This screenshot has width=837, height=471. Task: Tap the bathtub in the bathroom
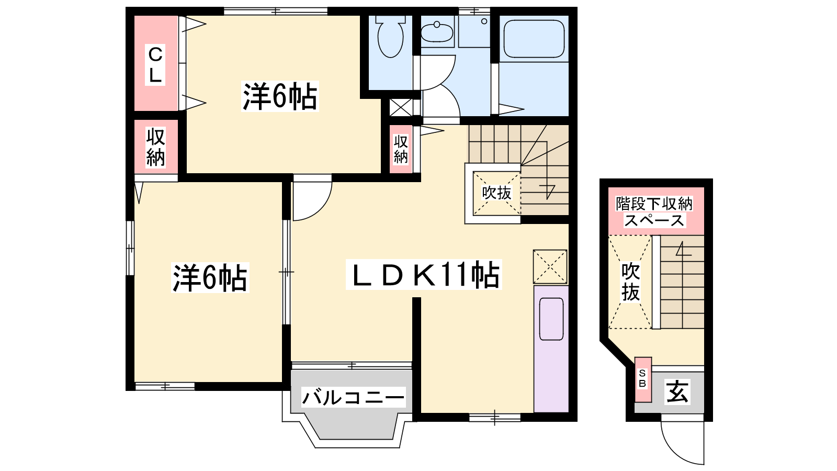534,39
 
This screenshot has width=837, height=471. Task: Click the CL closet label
155,65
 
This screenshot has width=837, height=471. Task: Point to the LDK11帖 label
424,275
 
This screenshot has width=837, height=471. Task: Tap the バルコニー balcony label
353,397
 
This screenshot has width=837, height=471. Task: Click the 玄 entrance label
677,391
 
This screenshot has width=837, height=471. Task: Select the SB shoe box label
642,378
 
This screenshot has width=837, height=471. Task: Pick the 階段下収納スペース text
654,212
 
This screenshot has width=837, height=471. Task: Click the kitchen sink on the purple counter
551,319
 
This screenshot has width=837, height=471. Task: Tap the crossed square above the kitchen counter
550,267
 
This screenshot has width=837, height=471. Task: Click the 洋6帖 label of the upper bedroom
280,96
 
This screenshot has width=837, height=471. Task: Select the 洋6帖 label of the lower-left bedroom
210,278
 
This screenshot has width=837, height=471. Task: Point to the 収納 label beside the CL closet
155,147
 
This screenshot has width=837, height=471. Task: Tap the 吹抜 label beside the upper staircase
496,193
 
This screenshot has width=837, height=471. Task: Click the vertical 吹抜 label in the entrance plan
631,282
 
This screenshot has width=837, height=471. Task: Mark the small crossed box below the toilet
401,107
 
